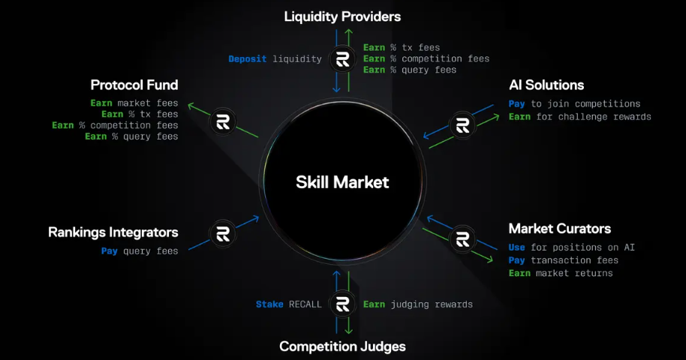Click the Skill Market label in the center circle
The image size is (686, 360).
click(342, 181)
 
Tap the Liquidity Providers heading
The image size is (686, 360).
click(342, 16)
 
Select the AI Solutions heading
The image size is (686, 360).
click(546, 85)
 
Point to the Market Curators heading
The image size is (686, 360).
click(559, 228)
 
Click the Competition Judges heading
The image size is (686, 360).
click(342, 346)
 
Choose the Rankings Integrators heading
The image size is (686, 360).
click(113, 232)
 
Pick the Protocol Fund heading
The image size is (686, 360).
click(134, 85)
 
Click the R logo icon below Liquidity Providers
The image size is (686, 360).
click(343, 59)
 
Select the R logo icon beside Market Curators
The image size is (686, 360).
click(462, 239)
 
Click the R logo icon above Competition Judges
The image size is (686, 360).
click(343, 304)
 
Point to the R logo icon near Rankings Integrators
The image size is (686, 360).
click(222, 232)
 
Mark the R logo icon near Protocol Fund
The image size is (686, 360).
click(222, 121)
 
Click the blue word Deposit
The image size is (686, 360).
click(248, 58)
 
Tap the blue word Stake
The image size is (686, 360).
click(269, 304)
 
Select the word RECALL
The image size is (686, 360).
click(305, 304)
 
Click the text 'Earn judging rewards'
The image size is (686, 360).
click(418, 304)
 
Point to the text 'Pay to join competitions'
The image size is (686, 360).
click(574, 103)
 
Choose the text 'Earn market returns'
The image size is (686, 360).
click(560, 273)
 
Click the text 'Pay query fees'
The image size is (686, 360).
click(140, 251)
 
